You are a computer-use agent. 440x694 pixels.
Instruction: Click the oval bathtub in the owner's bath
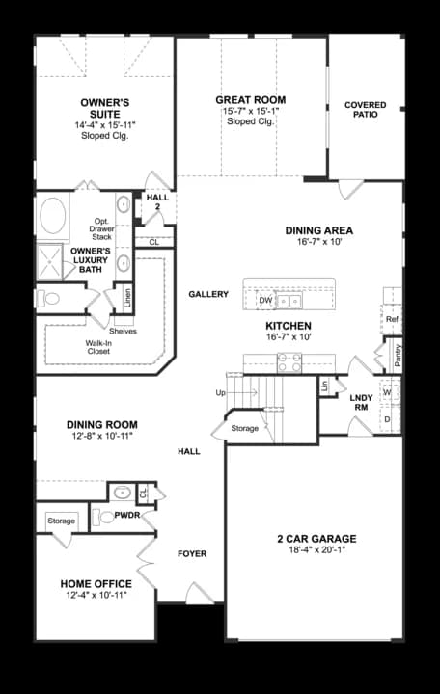coord(52,213)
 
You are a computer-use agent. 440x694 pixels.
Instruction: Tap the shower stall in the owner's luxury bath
coord(51,259)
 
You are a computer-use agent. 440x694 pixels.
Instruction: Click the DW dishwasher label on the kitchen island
coord(266,301)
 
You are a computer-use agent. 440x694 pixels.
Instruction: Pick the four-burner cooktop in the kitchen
coord(290,363)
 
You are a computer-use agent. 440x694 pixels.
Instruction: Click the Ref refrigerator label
coord(392,319)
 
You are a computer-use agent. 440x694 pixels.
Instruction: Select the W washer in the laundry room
coord(387,393)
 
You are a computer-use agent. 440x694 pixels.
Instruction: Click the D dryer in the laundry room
coord(387,419)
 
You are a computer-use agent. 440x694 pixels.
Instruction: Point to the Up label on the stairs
coord(220,393)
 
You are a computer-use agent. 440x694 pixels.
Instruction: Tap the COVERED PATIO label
coord(365,109)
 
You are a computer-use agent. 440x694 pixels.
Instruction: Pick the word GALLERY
coord(208,294)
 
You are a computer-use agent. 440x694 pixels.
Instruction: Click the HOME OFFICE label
coord(96,584)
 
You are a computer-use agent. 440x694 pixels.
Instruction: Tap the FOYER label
coord(192,554)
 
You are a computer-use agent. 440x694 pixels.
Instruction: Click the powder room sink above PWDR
coord(121,493)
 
